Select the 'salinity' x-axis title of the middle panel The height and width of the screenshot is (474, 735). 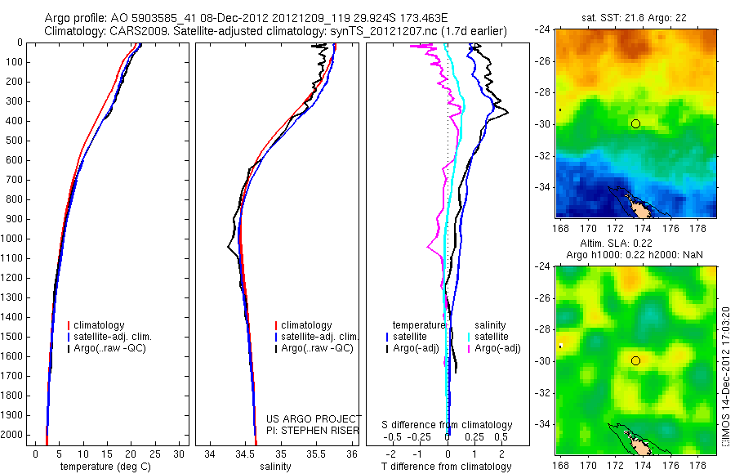click(x=274, y=467)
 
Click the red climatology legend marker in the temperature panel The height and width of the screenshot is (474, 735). click(x=69, y=325)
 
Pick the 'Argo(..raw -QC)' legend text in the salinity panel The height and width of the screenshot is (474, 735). click(x=317, y=348)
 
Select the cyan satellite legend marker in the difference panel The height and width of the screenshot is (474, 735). click(x=470, y=337)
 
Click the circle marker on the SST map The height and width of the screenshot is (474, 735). click(x=635, y=123)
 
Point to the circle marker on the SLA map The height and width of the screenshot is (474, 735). click(x=635, y=360)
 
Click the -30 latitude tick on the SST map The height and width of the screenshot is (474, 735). click(x=546, y=124)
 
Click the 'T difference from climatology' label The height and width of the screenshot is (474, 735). click(x=448, y=467)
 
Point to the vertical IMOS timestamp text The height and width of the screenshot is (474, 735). click(x=726, y=377)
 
